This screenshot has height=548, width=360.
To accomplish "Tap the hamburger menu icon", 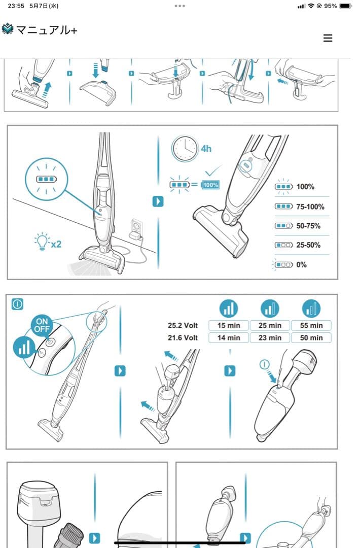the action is pos(328,38).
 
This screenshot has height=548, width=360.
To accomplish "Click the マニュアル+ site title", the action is pos(47,30).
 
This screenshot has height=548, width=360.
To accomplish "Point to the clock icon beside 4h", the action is pos(185,149).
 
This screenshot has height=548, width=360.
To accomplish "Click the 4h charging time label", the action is pos(206,149).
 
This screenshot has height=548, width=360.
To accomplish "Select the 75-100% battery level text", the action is pos(310,207).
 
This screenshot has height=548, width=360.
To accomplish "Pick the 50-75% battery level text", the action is pos(308,226).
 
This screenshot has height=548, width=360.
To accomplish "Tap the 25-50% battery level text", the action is pos(308,245).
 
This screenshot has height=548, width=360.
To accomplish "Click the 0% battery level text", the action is pos(301,264).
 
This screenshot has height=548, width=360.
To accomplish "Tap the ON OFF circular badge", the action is pos(42,325).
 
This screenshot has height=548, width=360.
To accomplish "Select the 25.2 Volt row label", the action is pos(183,325).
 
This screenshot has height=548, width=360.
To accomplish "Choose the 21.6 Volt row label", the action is pos(183,337).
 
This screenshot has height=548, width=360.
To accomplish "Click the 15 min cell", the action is pos(229,325).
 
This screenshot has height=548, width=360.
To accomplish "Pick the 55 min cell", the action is pos(311,325).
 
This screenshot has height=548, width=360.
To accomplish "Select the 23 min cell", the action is pos(270,337).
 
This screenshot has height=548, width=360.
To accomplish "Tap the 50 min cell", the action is pos(311,337).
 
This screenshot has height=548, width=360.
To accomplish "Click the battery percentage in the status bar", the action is pos(330,6).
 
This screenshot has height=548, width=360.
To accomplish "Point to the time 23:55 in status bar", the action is pos(16,6).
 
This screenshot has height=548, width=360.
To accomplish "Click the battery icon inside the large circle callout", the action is pos(47,179).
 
